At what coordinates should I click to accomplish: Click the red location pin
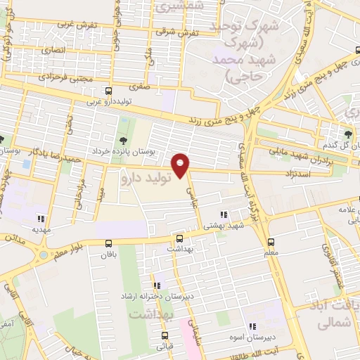click(x=181, y=165)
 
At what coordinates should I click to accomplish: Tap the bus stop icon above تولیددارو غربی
click(x=108, y=91)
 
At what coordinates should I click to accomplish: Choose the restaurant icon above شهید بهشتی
click(x=223, y=214)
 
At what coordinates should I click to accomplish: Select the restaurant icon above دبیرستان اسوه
click(x=252, y=326)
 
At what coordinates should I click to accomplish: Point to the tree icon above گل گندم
click(x=349, y=134)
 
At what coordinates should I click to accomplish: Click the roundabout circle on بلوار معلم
click(x=43, y=254)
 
